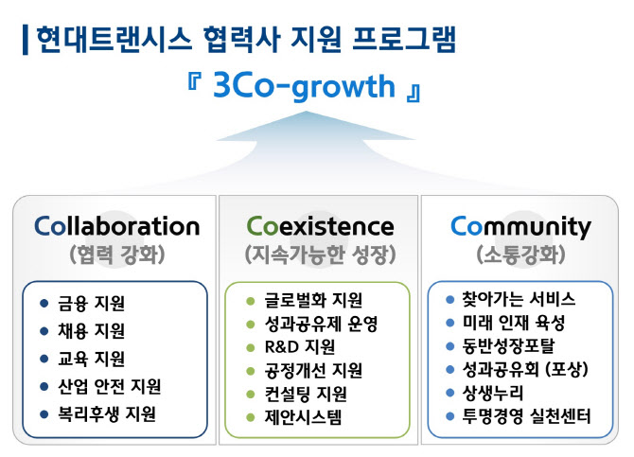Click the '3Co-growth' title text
point(303,87)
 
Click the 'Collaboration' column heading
point(116,227)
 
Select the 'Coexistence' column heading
point(320,227)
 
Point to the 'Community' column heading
point(520,227)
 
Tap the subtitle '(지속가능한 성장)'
point(320,255)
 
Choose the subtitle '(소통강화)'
point(520,255)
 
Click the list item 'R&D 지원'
point(301,347)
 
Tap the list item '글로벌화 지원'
point(313,301)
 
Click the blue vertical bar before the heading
point(25,40)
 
